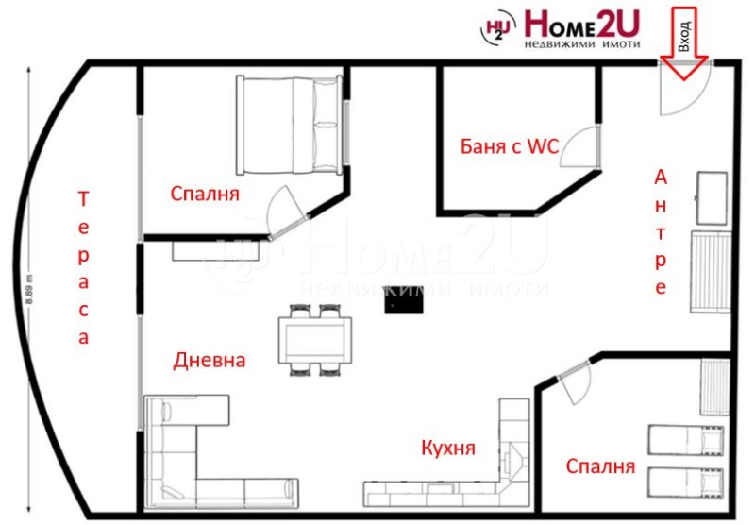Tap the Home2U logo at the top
click(x=561, y=29)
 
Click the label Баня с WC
click(x=510, y=146)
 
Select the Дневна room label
click(x=210, y=361)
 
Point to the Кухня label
click(x=448, y=448)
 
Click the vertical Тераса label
click(x=83, y=268)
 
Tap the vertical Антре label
click(x=661, y=232)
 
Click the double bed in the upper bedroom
click(x=290, y=125)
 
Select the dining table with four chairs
click(x=315, y=340)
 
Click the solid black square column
click(x=404, y=299)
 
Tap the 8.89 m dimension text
click(x=29, y=289)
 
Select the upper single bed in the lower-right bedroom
click(x=686, y=441)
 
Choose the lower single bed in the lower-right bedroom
click(x=686, y=483)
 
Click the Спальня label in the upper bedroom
click(x=205, y=194)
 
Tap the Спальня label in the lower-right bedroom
click(x=600, y=466)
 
